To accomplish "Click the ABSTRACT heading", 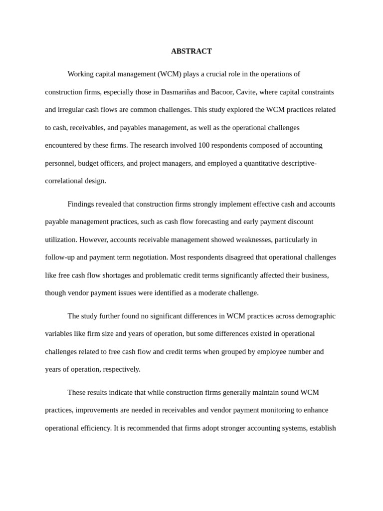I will (191, 51).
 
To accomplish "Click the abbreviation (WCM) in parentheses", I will (170, 74).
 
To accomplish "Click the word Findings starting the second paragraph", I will (81, 204).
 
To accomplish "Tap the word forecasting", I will (211, 222).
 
